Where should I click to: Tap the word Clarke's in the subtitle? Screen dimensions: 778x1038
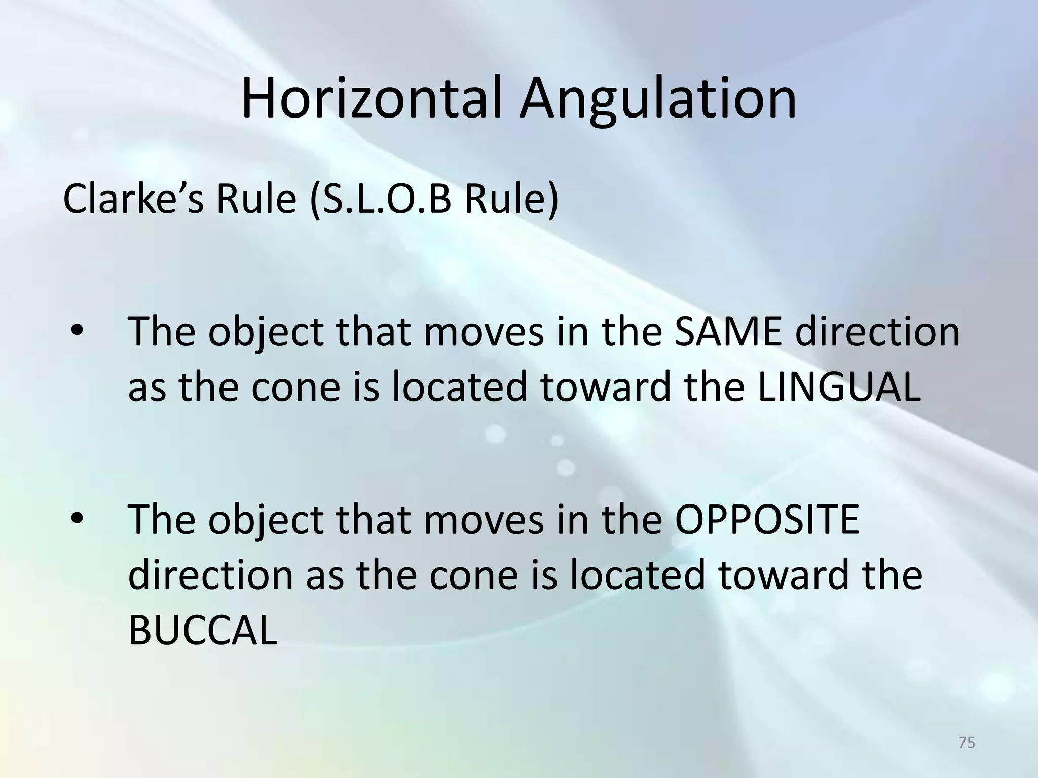133,199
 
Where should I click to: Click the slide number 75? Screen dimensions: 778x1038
967,743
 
